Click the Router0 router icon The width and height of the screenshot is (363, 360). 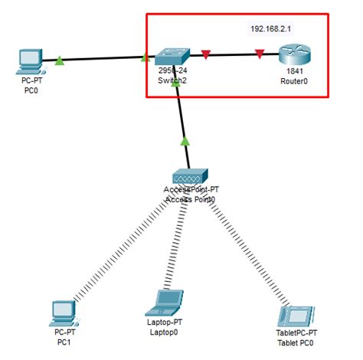(293, 56)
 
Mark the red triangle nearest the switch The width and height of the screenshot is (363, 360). (205, 54)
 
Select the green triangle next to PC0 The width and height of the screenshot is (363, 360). (59, 59)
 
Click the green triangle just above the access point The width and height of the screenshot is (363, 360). (185, 141)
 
